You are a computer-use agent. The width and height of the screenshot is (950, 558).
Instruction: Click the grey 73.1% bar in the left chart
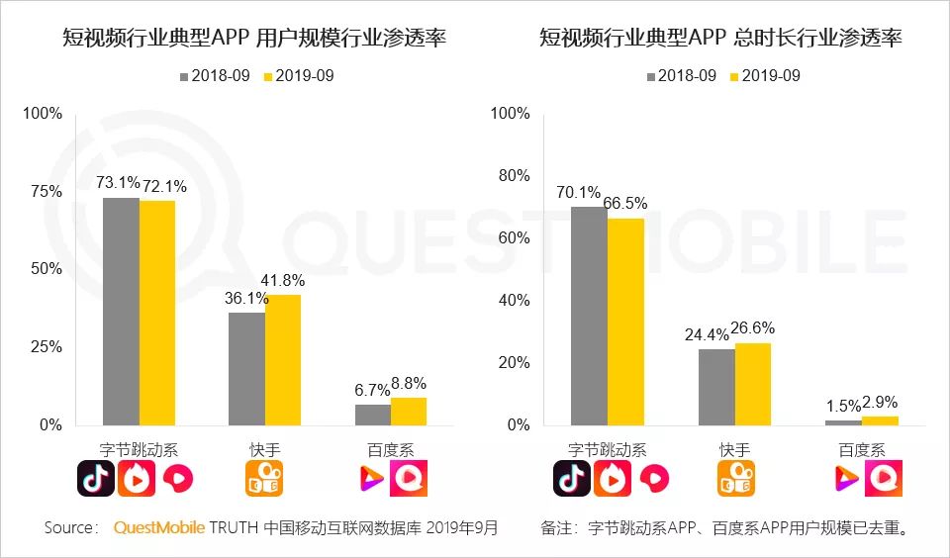121,312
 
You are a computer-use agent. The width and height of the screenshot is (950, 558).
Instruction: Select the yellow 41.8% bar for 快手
283,360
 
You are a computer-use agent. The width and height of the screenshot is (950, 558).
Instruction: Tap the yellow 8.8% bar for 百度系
409,412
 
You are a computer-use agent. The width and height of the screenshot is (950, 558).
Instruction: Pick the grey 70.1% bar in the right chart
590,317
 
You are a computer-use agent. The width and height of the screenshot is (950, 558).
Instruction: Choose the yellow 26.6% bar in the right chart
752,384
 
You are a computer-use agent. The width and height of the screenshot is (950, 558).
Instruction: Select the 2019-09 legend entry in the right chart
765,76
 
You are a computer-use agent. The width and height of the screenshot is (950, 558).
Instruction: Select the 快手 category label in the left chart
264,449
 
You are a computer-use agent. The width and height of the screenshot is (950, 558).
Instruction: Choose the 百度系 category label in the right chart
862,449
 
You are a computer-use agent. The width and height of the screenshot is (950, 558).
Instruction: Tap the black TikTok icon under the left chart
96,479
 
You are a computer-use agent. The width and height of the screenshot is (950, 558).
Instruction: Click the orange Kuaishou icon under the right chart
736,479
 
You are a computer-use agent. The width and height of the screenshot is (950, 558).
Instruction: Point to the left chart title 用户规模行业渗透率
253,39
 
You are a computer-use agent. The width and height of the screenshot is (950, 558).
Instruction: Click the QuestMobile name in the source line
159,528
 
